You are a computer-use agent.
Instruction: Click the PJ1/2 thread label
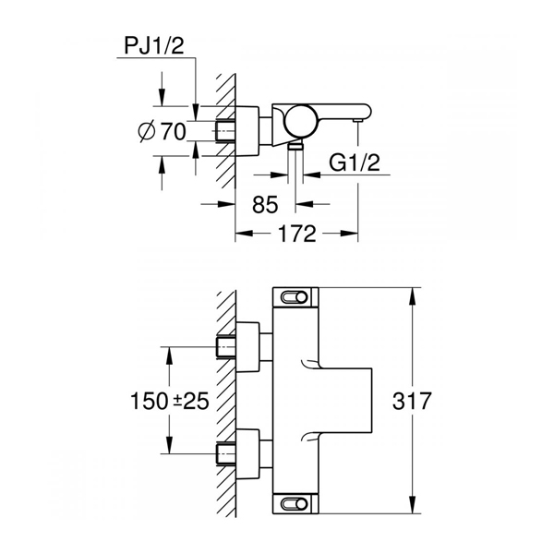click(154, 46)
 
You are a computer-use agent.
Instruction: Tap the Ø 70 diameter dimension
click(163, 131)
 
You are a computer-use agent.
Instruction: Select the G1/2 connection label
click(355, 163)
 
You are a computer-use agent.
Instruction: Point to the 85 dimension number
click(265, 205)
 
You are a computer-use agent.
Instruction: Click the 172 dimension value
click(296, 234)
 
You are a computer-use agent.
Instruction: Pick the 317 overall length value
click(412, 401)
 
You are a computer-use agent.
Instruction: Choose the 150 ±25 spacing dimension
click(170, 401)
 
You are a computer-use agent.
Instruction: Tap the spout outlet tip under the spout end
click(358, 122)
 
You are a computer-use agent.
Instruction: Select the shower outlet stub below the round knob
click(295, 146)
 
